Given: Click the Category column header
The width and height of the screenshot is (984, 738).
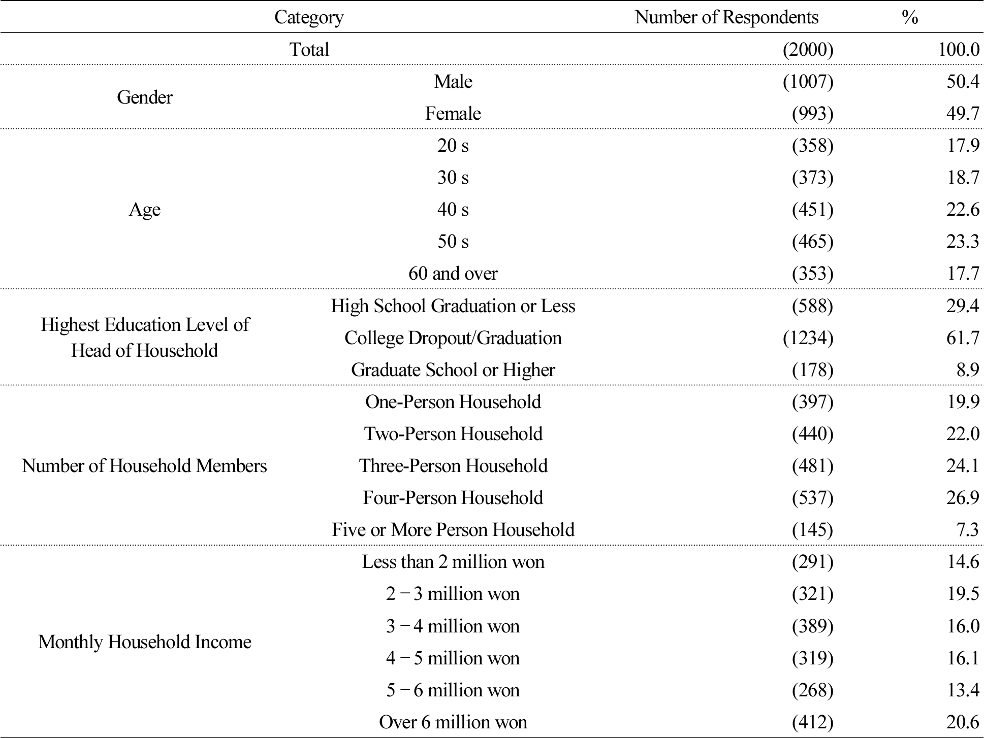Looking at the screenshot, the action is (x=309, y=17).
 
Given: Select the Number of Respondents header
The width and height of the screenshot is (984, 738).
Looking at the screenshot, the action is (x=726, y=17).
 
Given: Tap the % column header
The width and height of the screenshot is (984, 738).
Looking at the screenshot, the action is (x=910, y=17).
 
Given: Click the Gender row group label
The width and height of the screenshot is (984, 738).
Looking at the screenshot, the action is (x=145, y=97).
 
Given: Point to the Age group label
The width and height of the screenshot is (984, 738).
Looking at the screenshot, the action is (x=145, y=209).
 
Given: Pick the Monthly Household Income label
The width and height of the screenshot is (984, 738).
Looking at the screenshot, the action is (x=145, y=642).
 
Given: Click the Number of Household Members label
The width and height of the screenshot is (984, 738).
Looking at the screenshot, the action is (x=144, y=465).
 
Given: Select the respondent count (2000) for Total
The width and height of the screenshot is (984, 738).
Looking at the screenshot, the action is (x=808, y=49).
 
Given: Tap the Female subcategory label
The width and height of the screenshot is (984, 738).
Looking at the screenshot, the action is (x=453, y=113).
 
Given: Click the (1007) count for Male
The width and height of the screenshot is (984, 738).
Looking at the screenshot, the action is (x=808, y=81).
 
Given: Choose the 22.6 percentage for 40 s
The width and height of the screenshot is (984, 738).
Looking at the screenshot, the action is (x=963, y=209).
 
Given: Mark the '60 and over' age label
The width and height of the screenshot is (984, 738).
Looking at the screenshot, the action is (x=453, y=274).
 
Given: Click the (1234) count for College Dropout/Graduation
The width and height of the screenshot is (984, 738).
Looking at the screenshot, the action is (x=808, y=338).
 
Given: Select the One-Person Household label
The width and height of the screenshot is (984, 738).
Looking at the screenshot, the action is (x=453, y=401).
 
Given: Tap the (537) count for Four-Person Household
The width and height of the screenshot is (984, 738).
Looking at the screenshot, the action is (x=812, y=497).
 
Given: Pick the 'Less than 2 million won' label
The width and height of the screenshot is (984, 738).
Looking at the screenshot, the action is (x=453, y=561).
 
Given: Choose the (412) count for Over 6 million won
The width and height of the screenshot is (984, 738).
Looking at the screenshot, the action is (x=812, y=722).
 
